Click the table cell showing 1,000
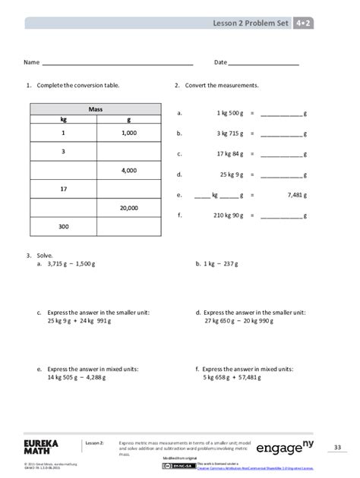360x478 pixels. (128, 133)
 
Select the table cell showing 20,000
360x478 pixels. (128, 207)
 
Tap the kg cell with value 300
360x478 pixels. (63, 226)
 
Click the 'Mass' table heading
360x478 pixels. (96, 109)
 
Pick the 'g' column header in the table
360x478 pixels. (128, 119)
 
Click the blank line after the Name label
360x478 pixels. (117, 63)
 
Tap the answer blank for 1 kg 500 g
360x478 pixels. (280, 113)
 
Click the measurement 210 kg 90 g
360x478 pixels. (228, 215)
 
